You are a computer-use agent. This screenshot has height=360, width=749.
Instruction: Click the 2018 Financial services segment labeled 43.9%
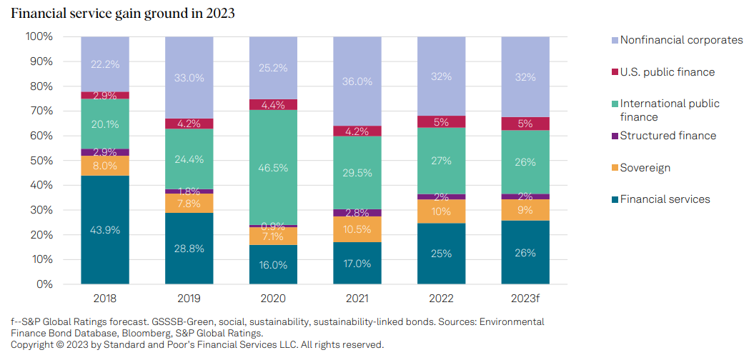pos(104,230)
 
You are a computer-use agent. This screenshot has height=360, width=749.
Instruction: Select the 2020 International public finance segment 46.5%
pos(273,168)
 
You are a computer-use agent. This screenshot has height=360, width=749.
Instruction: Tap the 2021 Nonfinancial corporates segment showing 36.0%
pos(357,81)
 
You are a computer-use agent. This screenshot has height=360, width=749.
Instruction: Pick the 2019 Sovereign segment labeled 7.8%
pos(189,204)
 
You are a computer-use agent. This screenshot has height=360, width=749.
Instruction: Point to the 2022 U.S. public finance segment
pos(442,121)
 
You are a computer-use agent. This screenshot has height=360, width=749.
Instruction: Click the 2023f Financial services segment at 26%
pos(525,252)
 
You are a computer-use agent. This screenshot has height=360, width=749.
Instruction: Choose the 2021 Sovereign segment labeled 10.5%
pos(357,229)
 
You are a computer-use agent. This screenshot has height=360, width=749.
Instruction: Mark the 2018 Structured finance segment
pos(104,152)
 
